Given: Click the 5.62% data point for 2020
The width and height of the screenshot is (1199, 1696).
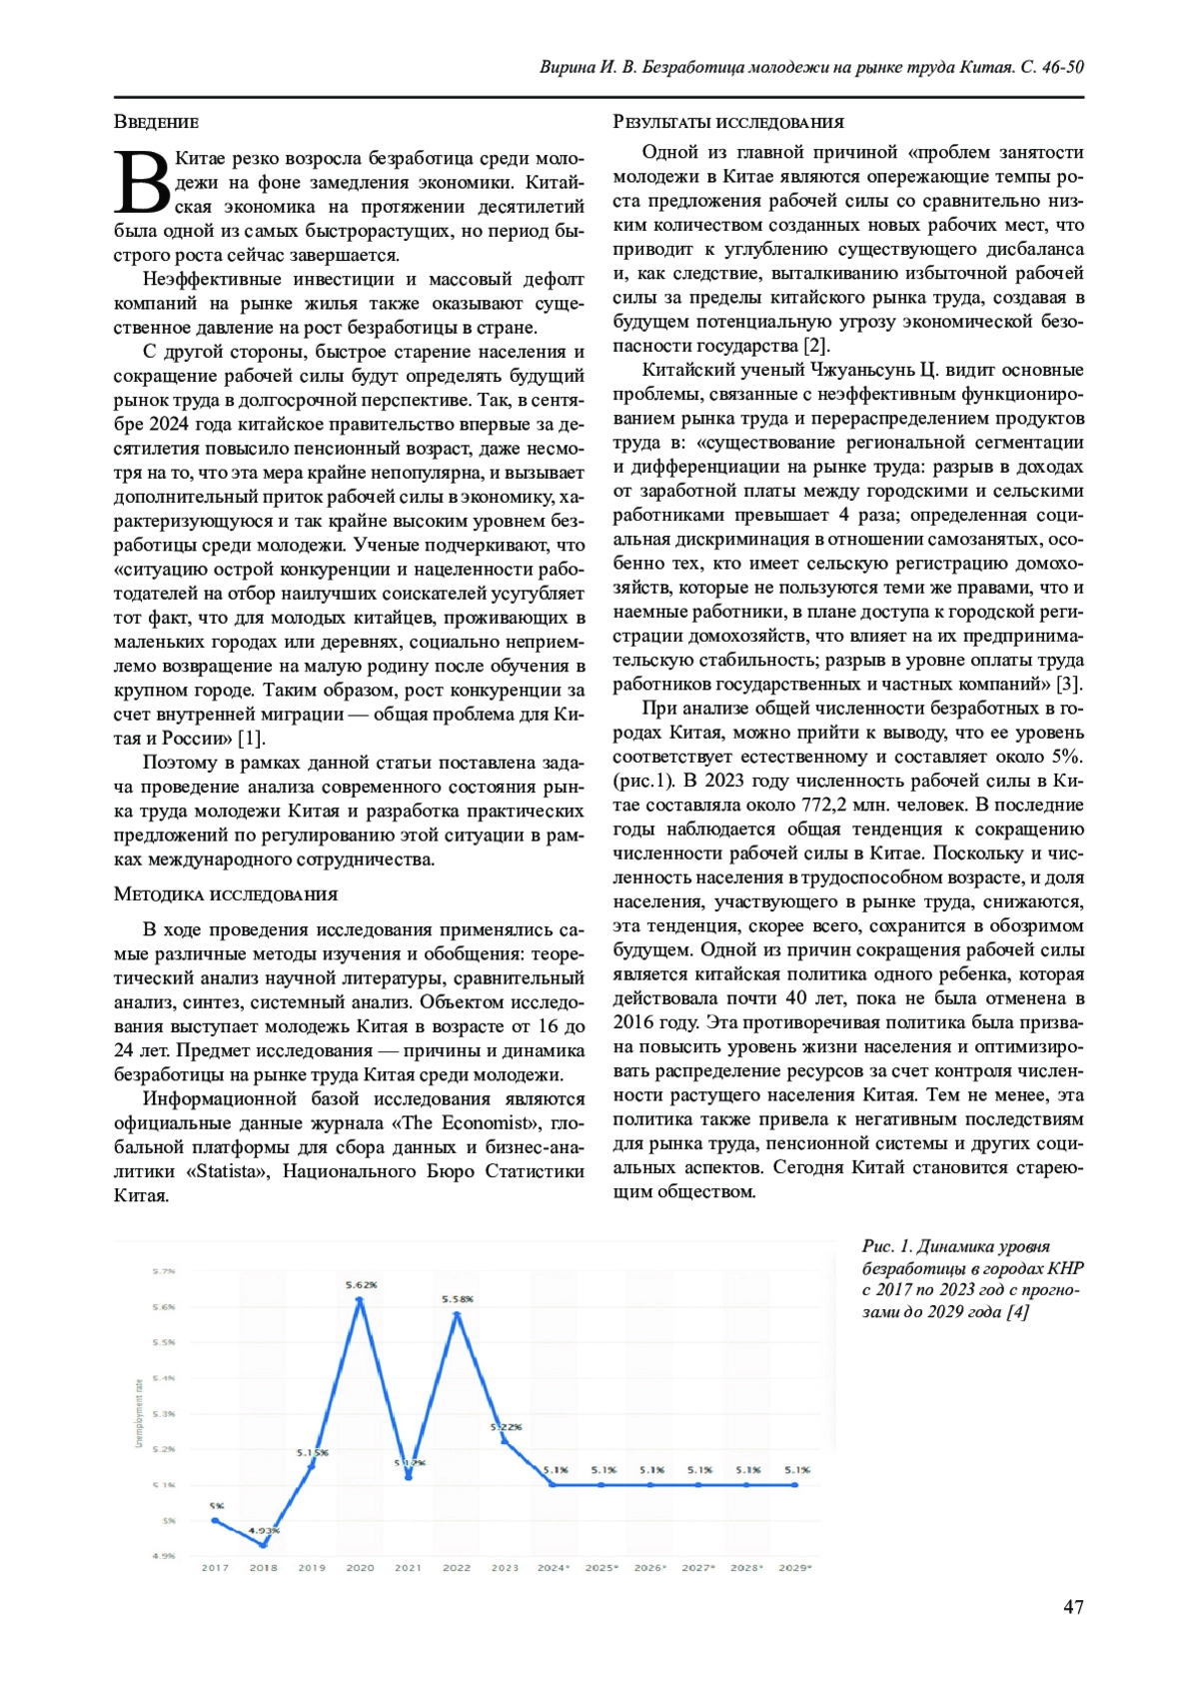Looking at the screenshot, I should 360,1298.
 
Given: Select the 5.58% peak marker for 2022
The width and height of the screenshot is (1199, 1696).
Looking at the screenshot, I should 457,1312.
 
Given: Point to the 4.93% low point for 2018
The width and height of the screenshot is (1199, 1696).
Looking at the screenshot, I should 264,1544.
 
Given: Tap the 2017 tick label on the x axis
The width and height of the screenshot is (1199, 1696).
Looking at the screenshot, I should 215,1567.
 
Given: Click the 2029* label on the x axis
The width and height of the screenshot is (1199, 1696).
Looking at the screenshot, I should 795,1567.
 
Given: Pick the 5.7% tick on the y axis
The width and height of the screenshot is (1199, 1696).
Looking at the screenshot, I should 164,1271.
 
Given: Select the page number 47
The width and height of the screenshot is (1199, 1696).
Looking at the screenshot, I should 1073,1606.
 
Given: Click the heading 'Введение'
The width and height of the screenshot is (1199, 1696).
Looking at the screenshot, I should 156,122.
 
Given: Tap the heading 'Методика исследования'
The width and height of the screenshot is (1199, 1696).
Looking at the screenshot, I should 226,893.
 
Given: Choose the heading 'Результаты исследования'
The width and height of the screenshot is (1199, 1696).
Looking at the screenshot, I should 727,122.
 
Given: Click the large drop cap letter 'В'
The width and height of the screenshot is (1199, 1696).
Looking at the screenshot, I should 142,182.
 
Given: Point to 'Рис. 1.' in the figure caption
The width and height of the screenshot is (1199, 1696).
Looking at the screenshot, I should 886,1245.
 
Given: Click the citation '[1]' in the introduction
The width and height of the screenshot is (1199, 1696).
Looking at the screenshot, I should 250,738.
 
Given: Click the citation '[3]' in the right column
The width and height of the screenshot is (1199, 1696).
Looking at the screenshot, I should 1070,684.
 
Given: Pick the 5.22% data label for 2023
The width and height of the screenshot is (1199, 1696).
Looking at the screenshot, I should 506,1426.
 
